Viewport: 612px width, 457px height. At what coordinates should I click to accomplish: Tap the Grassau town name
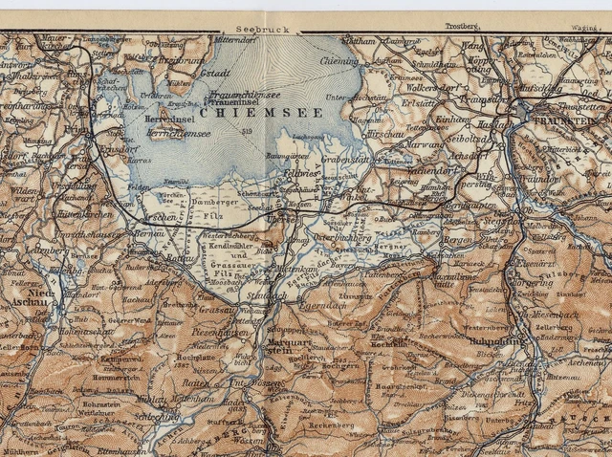point(217,310)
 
